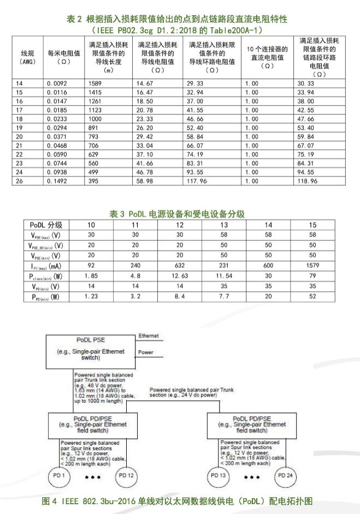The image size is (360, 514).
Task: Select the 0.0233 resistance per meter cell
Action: coord(57,117)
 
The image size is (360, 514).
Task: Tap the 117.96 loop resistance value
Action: coord(198,180)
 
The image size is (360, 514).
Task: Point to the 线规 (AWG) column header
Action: coord(28,57)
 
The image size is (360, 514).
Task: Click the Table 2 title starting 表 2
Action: coord(180,19)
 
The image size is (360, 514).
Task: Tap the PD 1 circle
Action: coord(58,476)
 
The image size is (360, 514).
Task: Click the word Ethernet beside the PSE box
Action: coord(149,336)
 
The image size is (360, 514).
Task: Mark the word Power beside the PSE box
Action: coord(145,353)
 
